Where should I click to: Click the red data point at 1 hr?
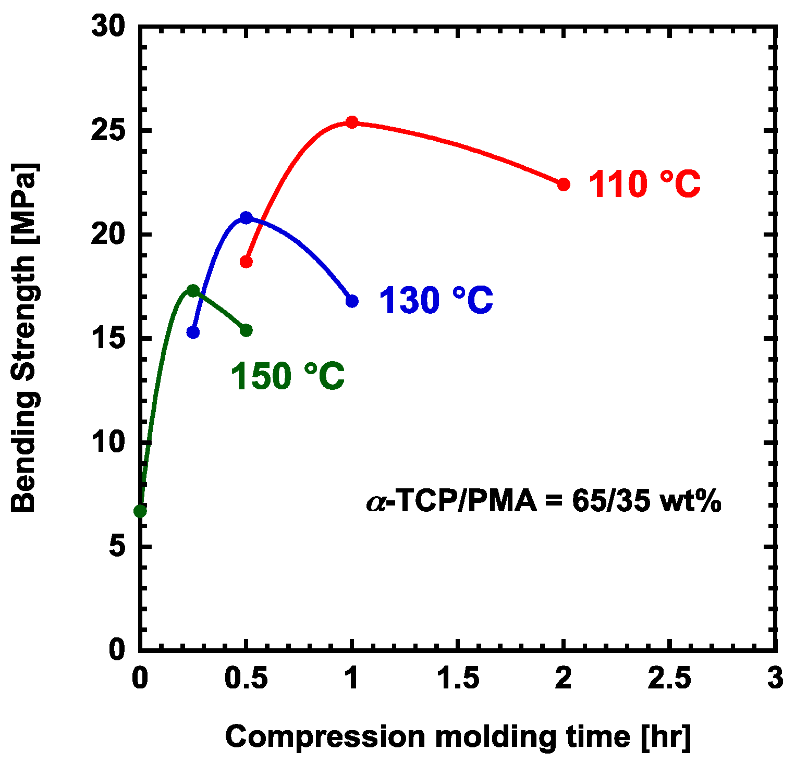pos(352,122)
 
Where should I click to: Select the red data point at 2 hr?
pos(564,184)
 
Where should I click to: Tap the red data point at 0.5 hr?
pos(246,262)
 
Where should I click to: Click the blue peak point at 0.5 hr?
pos(246,217)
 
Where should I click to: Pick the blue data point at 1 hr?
pos(352,301)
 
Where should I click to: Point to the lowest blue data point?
pos(193,332)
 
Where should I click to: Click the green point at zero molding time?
pos(140,511)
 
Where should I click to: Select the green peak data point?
pos(193,290)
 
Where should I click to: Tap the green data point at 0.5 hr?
pos(246,330)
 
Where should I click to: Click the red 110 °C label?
pos(644,184)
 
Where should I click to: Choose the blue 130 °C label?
pos(435,301)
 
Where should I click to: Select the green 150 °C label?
pos(287,376)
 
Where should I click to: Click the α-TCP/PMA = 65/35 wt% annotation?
pos(544,502)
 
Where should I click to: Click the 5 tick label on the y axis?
pos(117,547)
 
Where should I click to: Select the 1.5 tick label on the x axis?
pos(457,679)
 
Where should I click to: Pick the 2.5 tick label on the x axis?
pos(669,679)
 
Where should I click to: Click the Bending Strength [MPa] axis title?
pos(24,338)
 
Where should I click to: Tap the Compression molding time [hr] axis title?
pos(458,737)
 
